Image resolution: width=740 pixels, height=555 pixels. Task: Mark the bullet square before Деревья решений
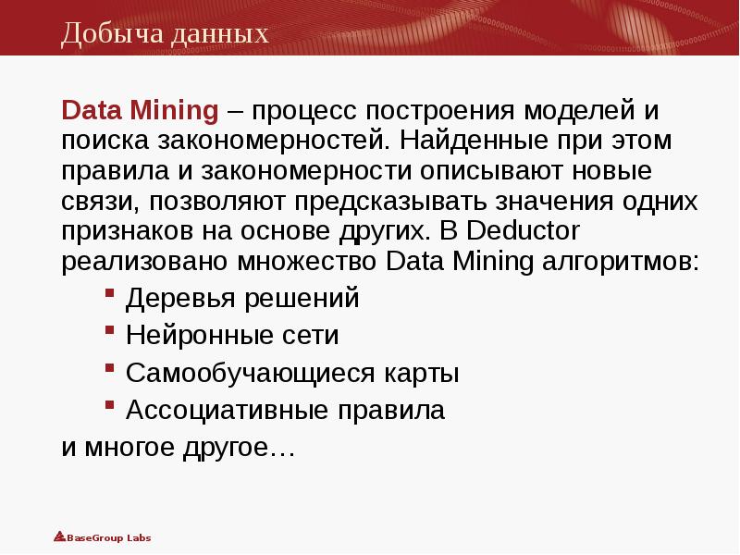pyautogui.click(x=109, y=293)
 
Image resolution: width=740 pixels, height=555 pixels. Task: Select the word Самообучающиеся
pyautogui.click(x=236, y=374)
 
